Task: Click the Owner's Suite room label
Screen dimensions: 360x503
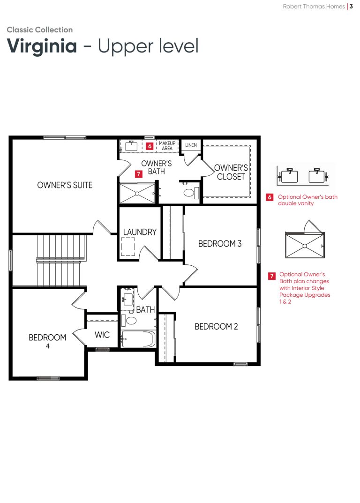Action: point(65,185)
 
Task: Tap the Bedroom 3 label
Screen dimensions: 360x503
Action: point(220,244)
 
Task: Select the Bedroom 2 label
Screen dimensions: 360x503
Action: point(216,327)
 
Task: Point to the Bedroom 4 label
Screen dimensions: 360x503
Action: point(47,341)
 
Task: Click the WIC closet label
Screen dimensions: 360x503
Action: point(102,335)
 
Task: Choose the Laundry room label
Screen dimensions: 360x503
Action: point(140,232)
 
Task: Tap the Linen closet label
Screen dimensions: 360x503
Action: point(191,145)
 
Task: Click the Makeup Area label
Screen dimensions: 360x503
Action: point(167,146)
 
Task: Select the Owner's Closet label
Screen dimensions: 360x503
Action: point(231,172)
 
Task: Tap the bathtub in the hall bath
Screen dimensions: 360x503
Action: point(139,339)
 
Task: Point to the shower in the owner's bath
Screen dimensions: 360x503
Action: point(137,194)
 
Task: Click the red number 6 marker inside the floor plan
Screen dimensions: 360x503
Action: point(150,146)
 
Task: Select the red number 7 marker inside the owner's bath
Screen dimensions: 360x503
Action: point(138,174)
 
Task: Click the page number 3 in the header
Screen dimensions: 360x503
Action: point(352,7)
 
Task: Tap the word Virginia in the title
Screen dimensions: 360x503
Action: point(42,46)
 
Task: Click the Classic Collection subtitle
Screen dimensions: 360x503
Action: point(40,30)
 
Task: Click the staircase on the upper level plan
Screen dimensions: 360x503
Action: point(61,261)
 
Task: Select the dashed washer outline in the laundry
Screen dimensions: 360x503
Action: point(128,247)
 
